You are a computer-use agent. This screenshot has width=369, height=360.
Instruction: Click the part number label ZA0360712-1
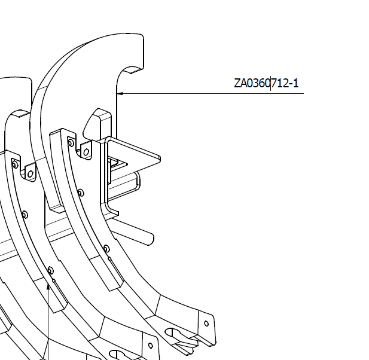tap(266, 83)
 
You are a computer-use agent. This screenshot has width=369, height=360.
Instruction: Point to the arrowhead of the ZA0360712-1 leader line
tap(120, 93)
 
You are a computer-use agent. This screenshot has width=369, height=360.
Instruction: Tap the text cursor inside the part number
tap(271, 84)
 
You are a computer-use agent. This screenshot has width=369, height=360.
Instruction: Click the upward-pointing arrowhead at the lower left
tap(48, 287)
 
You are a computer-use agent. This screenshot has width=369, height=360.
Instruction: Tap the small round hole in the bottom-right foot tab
tap(206, 324)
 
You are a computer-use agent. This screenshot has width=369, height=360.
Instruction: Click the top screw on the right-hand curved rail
tap(71, 142)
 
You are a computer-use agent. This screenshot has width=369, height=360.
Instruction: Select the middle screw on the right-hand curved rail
tap(81, 193)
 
